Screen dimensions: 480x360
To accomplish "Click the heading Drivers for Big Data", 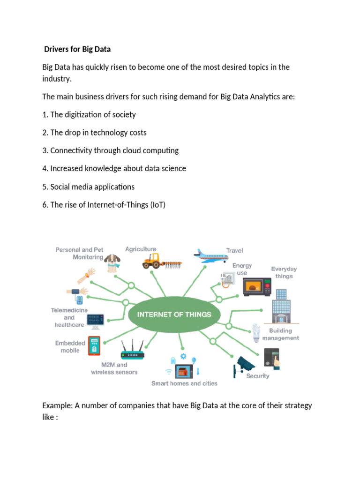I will click(77, 49).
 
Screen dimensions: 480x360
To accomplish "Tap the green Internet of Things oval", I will click(174, 315).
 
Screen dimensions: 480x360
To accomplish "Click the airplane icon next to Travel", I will click(209, 255).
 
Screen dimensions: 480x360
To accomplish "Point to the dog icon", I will click(112, 263).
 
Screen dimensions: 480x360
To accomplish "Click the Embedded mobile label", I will click(67, 347).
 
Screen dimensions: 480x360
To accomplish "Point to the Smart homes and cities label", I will click(184, 383).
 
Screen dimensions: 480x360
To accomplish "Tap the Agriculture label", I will click(141, 249).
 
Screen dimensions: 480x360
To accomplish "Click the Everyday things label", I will click(284, 272).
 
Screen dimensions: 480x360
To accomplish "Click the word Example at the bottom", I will click(57, 405).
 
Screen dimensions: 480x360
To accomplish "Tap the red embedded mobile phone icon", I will click(95, 345).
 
